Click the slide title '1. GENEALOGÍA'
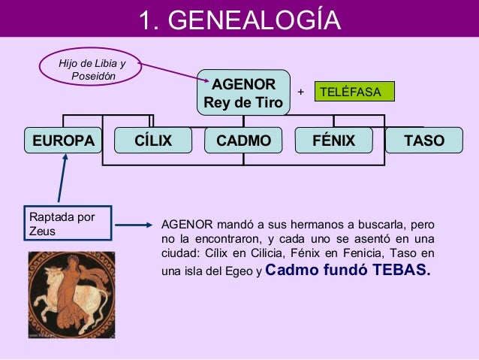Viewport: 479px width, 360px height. pyautogui.click(x=239, y=20)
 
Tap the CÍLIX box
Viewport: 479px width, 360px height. pyautogui.click(x=153, y=141)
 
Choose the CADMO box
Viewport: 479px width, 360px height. pyautogui.click(x=243, y=141)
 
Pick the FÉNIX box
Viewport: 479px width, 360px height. pyautogui.click(x=333, y=141)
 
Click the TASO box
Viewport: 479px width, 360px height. pyautogui.click(x=423, y=141)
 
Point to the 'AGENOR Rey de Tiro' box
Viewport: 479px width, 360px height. pyautogui.click(x=243, y=92)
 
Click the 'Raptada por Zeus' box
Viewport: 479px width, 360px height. pyautogui.click(x=68, y=225)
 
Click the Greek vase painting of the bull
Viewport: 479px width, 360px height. pyautogui.click(x=71, y=292)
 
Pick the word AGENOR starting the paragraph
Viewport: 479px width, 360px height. pyautogui.click(x=187, y=225)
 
